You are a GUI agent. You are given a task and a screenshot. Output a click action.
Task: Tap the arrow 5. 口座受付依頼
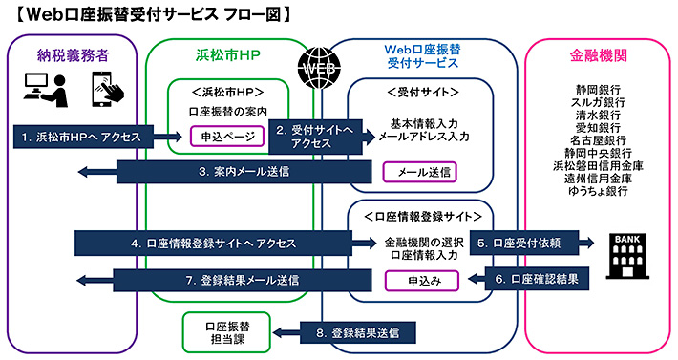530,243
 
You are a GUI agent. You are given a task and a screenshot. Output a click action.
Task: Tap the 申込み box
421,279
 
